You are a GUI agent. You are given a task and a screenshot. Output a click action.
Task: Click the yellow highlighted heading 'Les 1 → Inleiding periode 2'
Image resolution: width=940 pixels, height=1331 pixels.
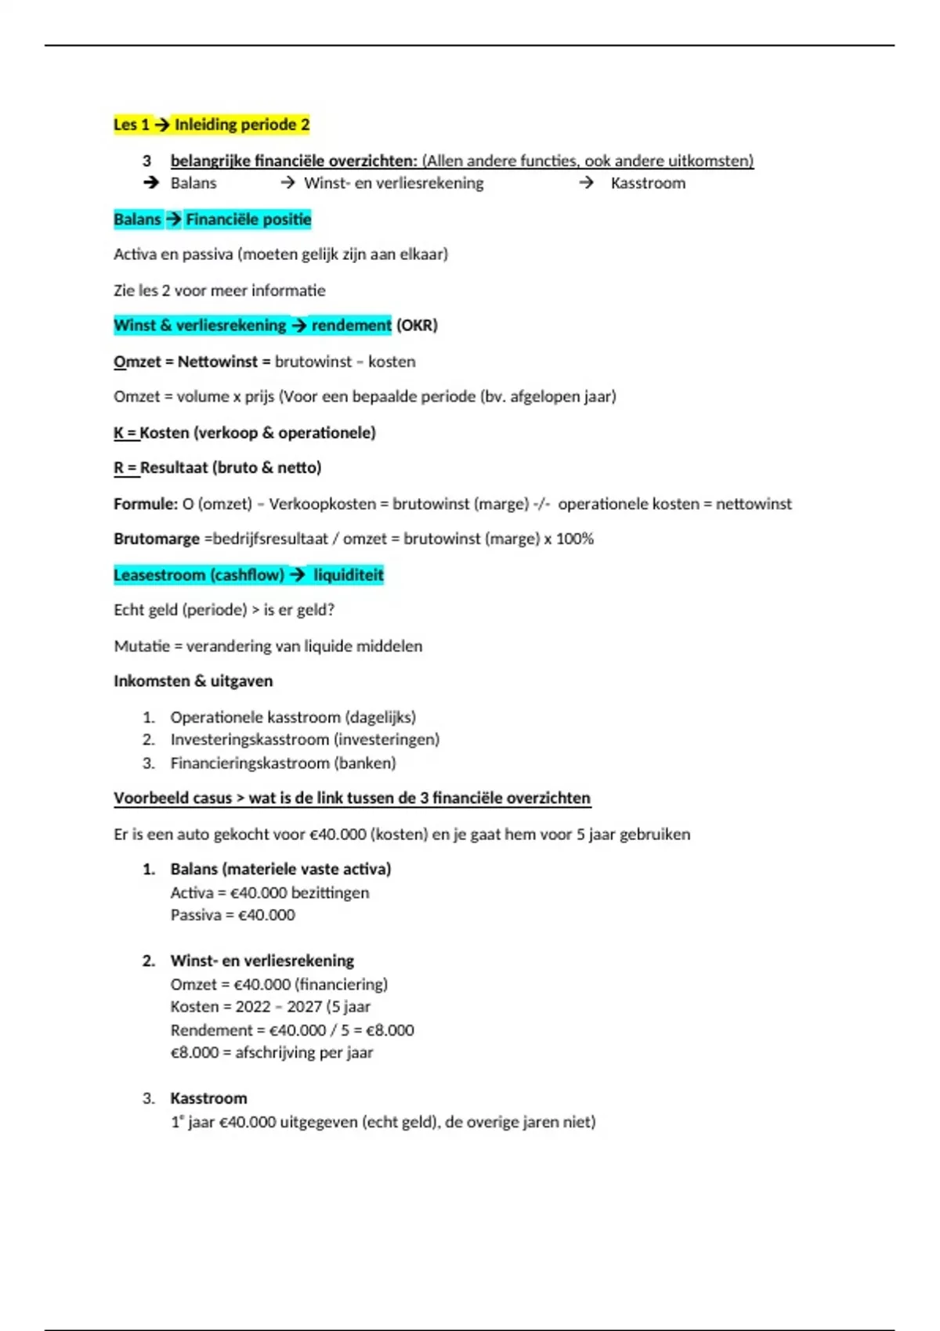[x=211, y=124]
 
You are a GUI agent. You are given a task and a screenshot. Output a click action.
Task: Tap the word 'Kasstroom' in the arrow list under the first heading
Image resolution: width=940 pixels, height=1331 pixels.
[x=648, y=183]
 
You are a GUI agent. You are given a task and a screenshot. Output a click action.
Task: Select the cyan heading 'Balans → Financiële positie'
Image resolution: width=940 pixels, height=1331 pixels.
[x=212, y=219]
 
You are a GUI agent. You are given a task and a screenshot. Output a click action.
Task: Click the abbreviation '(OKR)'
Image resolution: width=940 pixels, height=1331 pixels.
[x=417, y=325]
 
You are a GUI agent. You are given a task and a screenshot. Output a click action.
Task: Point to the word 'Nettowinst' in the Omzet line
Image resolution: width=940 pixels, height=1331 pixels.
[x=217, y=362]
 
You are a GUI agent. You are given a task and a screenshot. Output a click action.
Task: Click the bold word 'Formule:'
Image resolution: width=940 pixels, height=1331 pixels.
[x=146, y=503]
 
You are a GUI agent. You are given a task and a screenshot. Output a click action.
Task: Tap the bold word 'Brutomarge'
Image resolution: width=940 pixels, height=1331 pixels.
[x=157, y=539]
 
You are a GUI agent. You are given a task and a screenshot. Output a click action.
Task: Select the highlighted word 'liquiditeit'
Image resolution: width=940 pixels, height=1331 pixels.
[x=348, y=575]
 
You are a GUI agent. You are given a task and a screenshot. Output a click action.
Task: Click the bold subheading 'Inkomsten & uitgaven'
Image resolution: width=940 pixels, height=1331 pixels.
[x=193, y=681]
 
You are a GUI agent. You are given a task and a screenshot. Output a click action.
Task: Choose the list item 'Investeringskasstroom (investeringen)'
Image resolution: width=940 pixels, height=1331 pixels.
[x=305, y=739]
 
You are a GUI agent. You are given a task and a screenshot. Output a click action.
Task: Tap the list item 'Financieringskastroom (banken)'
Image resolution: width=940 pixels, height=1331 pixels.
[x=283, y=763]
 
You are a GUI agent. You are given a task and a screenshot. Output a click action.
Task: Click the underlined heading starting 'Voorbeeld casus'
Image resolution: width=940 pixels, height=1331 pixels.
[x=352, y=798]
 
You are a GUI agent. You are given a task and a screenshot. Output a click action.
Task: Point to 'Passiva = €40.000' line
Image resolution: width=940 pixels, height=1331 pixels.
[x=233, y=914]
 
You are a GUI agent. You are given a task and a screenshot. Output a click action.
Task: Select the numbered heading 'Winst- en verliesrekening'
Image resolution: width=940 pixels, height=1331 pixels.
[x=262, y=961]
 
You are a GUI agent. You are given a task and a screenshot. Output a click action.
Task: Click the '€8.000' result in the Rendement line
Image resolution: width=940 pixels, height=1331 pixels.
[x=389, y=1030]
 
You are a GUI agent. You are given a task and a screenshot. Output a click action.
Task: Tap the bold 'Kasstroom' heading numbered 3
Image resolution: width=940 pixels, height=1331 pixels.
[x=208, y=1098]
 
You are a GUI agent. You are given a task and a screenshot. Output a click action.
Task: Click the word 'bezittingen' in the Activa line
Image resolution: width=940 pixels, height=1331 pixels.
[x=330, y=893]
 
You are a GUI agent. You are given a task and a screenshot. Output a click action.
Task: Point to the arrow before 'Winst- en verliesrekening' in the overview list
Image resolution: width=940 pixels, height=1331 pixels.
[x=287, y=183]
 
